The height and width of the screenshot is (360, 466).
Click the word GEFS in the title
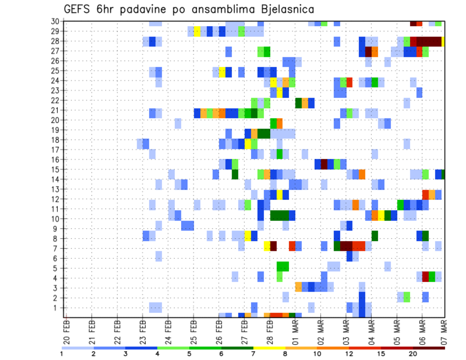pos(77,9)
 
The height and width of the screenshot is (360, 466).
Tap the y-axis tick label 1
pos(57,308)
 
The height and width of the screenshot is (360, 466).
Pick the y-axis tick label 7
pos(57,248)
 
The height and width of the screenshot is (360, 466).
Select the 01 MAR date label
pos(295,330)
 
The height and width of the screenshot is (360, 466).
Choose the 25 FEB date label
pos(193,330)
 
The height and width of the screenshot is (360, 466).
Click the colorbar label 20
pos(414,354)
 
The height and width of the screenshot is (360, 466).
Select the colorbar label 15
pos(382,354)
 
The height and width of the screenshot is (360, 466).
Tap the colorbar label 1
pos(62,354)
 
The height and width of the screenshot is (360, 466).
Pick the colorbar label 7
pos(253,354)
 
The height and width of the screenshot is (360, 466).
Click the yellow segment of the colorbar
pos(269,348)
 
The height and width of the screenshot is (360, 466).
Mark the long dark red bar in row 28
pos(429,41)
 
